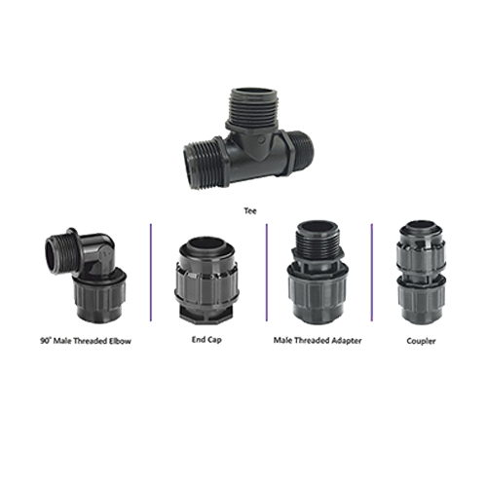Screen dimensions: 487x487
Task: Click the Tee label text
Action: [x=250, y=211]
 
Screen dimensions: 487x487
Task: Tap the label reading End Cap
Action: [x=206, y=340]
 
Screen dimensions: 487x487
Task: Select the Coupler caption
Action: [x=421, y=341]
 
